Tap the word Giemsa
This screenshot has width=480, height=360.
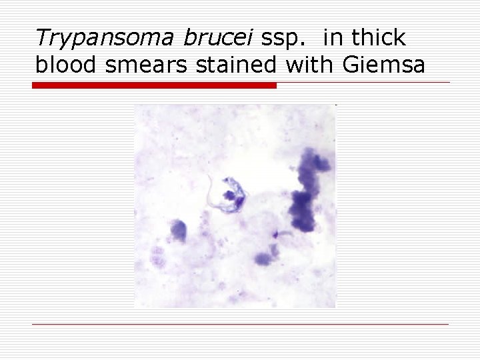click(x=383, y=65)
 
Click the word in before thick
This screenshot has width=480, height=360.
click(x=331, y=38)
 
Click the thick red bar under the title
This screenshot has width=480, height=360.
click(x=154, y=85)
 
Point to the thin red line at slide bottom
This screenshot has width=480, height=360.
click(x=240, y=324)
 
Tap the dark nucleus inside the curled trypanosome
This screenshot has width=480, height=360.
click(x=231, y=196)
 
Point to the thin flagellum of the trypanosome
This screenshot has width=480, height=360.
click(x=213, y=193)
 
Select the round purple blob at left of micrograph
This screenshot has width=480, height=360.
click(x=178, y=230)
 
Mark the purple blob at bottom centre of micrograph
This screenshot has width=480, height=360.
click(x=263, y=258)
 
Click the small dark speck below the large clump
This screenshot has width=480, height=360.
click(x=275, y=234)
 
